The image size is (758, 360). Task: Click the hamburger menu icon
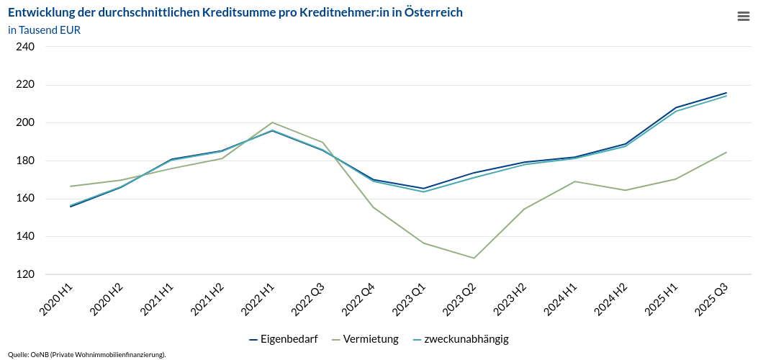744,17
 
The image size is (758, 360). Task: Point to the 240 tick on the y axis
25,47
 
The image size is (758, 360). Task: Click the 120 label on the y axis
25,274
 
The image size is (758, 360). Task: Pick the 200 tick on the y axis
25,122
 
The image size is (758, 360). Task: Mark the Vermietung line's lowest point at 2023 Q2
474,258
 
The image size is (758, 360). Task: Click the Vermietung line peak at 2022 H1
272,122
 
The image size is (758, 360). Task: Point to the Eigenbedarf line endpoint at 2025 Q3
726,93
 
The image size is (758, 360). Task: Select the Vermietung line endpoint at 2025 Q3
726,153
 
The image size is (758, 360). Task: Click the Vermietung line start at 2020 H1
71,186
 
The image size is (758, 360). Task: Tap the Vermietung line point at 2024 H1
574,181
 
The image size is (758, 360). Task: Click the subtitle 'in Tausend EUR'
45,30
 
